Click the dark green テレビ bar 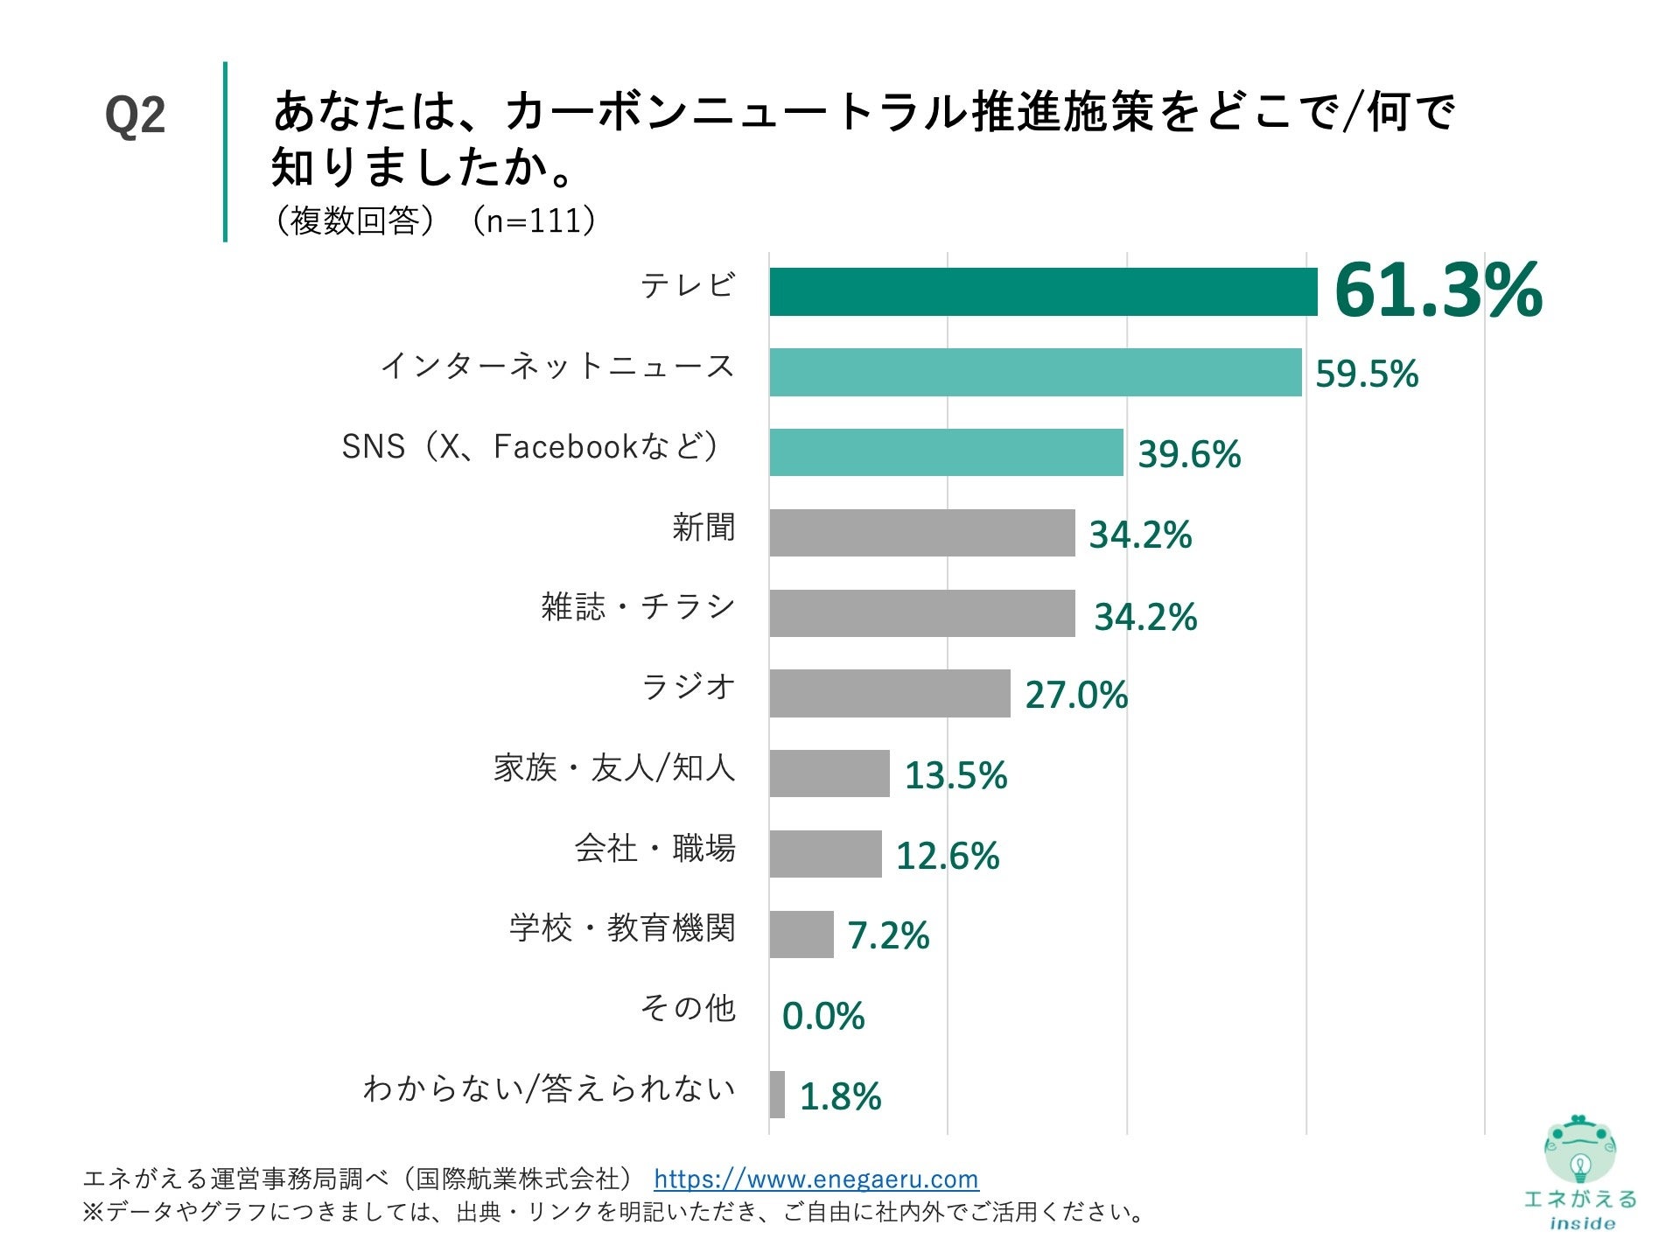coord(1043,291)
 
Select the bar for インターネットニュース coord(1035,372)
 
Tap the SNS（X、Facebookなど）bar coord(946,452)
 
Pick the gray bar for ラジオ coord(889,693)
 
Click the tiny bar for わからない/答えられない coord(777,1095)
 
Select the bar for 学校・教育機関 coord(801,934)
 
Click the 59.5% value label coord(1366,374)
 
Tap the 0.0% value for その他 coord(822,1016)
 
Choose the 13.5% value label coord(955,775)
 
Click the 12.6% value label coord(947,856)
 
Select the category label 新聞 coord(703,527)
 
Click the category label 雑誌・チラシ coord(638,606)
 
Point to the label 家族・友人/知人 coord(614,767)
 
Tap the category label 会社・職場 coord(654,848)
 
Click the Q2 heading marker coord(135,115)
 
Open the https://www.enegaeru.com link coord(815,1179)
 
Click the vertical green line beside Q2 coord(225,150)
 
